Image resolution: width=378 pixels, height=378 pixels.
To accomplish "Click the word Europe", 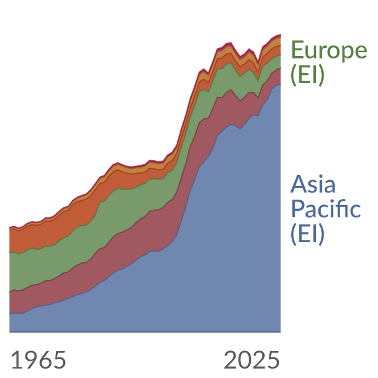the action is (329, 50).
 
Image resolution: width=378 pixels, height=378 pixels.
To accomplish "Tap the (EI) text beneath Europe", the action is (307, 75).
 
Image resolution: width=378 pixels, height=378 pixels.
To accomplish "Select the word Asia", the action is (313, 184).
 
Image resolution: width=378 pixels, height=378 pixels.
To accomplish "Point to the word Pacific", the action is (326, 208).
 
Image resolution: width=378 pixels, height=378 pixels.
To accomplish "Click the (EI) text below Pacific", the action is (307, 234).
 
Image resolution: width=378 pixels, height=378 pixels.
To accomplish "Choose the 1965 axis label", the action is (38, 360).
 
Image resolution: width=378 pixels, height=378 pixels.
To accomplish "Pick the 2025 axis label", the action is (252, 360).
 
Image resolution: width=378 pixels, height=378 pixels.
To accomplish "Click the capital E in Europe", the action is (298, 50).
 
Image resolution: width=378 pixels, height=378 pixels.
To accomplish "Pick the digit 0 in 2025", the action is (245, 360).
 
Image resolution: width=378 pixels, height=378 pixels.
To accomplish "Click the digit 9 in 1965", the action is (31, 360).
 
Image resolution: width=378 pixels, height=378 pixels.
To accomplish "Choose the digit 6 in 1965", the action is (45, 360).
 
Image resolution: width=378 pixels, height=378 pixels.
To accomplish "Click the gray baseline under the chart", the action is (145, 332).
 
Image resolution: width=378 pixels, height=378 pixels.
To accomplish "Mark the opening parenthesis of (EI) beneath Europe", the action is (294, 76).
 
